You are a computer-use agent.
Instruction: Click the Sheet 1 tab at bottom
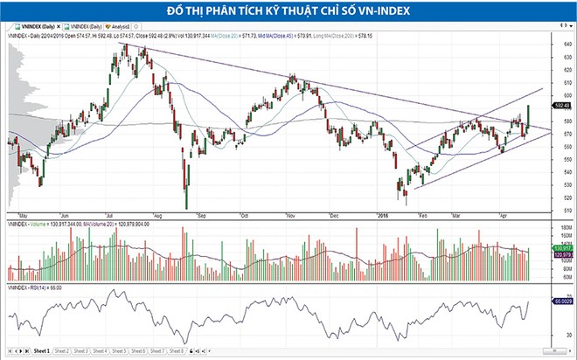[x=41, y=350]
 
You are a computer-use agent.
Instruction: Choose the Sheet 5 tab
[x=120, y=350]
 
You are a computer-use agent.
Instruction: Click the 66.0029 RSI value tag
[x=563, y=301]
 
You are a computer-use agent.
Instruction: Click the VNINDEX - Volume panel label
[x=31, y=223]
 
